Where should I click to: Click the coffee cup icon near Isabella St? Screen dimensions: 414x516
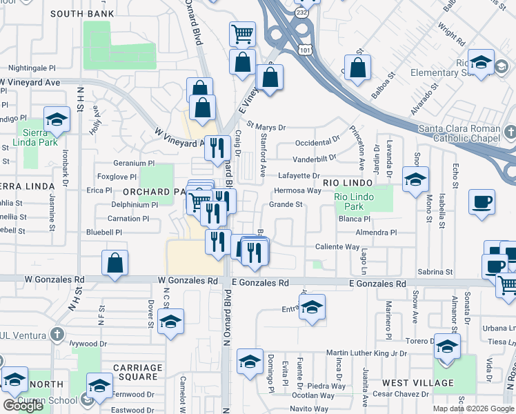[x=482, y=202]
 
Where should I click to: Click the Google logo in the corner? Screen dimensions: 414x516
[x=23, y=406]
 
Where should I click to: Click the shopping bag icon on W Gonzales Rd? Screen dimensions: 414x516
[x=115, y=263]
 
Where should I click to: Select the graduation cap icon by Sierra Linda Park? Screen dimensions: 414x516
[x=57, y=119]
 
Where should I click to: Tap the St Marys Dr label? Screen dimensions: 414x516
[x=266, y=128]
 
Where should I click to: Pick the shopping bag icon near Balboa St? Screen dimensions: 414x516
[x=357, y=69]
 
